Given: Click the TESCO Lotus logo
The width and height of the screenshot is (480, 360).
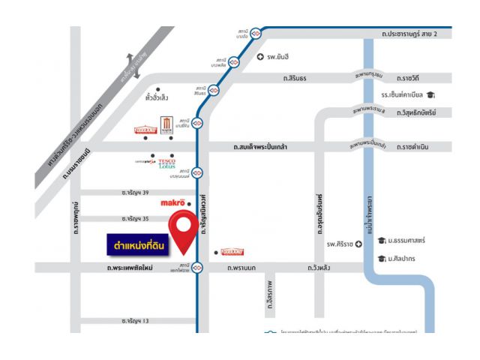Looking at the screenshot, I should click(x=166, y=163).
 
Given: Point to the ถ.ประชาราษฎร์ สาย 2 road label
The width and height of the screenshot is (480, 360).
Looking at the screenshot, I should click(x=415, y=34).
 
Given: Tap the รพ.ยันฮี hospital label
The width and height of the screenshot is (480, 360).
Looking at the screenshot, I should click(x=277, y=57).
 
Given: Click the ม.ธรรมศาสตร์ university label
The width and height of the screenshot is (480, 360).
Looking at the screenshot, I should click(x=406, y=240).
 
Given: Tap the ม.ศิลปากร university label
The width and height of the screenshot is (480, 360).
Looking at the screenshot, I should click(x=403, y=259).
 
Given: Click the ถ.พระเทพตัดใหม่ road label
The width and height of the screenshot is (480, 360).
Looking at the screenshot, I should click(x=130, y=267).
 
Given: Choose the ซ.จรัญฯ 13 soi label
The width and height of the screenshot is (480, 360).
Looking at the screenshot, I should click(x=136, y=321).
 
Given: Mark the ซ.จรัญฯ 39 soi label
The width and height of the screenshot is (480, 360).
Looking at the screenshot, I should click(x=136, y=193).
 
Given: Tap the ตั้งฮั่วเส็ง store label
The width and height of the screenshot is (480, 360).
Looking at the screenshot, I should click(x=157, y=97).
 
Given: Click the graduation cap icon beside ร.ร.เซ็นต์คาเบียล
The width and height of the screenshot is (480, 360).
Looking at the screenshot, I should click(x=430, y=94).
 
